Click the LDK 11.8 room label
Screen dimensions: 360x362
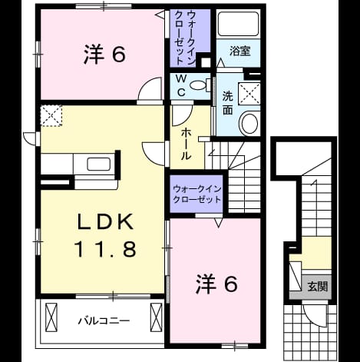point(105,235)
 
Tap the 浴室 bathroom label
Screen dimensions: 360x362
point(239,51)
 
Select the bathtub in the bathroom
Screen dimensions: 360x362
point(238,24)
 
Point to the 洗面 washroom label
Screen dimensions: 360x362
point(227,102)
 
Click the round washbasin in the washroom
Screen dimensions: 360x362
point(249,123)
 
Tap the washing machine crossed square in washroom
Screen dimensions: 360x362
point(249,94)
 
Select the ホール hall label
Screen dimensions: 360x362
point(186,144)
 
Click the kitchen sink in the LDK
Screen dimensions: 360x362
point(98,164)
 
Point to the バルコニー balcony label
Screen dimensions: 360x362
point(104,320)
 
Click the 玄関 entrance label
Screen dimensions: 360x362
point(318,286)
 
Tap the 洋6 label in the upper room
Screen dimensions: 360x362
point(105,55)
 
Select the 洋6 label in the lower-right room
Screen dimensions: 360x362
point(217,284)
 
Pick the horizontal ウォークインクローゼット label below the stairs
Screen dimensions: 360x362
point(197,194)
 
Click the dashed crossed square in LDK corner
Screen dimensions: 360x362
point(51,115)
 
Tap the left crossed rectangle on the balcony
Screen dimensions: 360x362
point(51,317)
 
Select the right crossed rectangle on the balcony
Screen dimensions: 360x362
point(156,317)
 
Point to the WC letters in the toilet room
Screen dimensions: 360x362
point(181,85)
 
